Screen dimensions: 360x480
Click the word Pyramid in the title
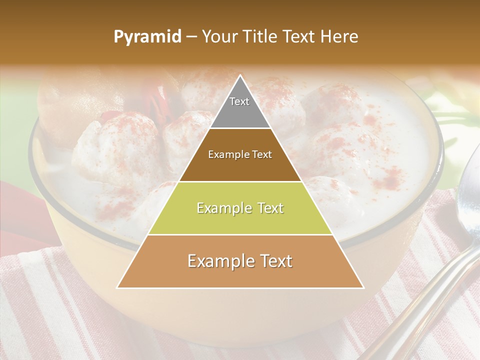[147, 37]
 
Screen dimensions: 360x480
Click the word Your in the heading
[220, 36]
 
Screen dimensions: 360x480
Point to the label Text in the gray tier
[239, 101]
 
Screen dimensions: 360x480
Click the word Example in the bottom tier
[219, 261]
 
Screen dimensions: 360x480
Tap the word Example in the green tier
[222, 208]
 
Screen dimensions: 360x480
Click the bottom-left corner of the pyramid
[117, 287]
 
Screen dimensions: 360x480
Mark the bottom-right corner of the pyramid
[363, 287]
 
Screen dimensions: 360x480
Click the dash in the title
[191, 37]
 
